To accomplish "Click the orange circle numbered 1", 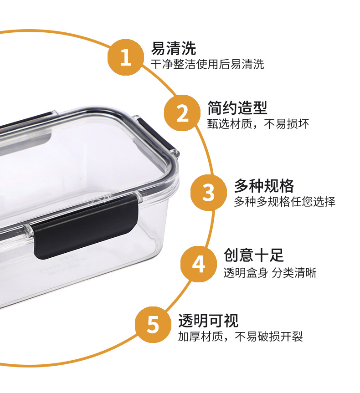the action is (x=126, y=57).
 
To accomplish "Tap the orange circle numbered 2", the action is (x=182, y=113).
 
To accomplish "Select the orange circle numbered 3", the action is (x=208, y=193).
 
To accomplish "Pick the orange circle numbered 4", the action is (x=199, y=264).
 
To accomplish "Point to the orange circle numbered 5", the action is (x=153, y=325).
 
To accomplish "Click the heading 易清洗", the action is (x=173, y=48).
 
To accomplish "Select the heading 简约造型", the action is (x=237, y=108).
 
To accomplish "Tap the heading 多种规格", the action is (x=264, y=185).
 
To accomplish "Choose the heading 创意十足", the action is (x=254, y=255).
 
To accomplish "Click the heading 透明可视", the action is (x=208, y=321).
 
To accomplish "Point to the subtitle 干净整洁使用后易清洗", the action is (x=207, y=64).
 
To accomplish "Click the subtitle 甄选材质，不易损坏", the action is (x=258, y=124).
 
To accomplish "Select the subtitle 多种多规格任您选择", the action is (x=285, y=202).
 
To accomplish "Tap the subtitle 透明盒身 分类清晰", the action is (x=270, y=273).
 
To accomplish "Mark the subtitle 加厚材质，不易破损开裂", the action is (x=240, y=337).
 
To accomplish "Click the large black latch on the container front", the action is (x=85, y=227).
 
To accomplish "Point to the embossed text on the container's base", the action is (x=63, y=265).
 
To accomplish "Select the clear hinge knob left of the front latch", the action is (x=29, y=230).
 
